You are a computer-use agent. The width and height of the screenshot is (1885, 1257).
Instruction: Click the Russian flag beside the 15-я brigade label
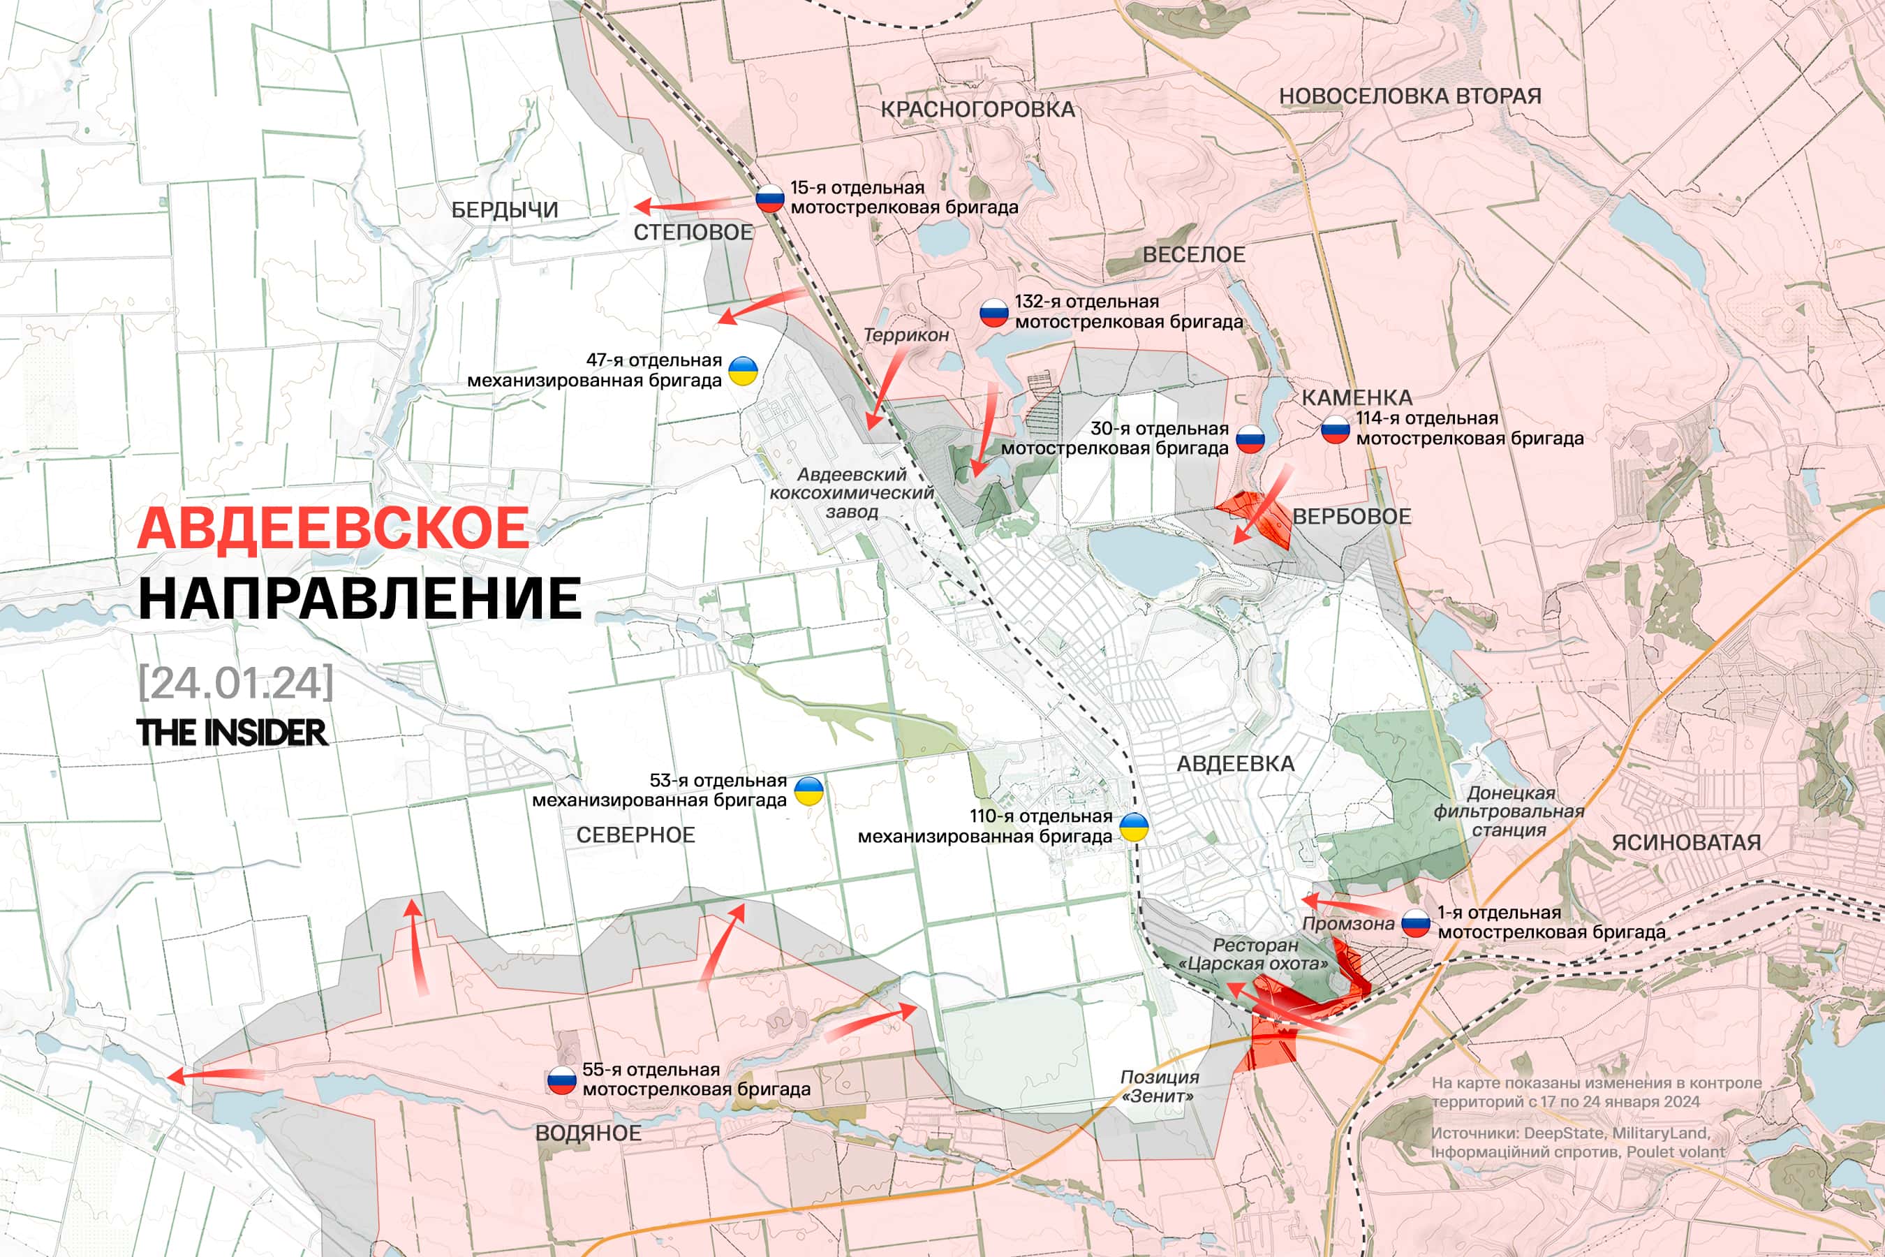point(770,198)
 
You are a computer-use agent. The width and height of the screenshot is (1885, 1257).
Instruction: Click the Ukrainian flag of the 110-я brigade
point(1133,827)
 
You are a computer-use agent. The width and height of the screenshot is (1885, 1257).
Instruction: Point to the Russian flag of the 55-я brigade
point(562,1080)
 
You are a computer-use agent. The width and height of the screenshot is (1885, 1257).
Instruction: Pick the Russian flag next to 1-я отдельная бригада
point(1416,923)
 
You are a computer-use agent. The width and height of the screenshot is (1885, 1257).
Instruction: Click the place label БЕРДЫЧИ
point(505,210)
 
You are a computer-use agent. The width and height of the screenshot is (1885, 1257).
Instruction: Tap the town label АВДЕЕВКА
point(1235,764)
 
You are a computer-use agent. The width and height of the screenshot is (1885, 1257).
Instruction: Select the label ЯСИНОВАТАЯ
point(1686,843)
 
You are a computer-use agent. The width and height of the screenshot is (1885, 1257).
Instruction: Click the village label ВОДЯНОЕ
point(589,1133)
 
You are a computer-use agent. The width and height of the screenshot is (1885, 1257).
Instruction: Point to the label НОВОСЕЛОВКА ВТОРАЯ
point(1410,96)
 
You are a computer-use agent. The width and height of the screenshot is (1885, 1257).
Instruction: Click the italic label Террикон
point(905,335)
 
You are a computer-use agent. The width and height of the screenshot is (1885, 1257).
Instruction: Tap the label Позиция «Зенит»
point(1159,1086)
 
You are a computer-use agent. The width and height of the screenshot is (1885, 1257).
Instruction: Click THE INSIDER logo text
point(232,733)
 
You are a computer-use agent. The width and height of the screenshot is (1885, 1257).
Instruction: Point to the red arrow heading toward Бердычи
point(681,207)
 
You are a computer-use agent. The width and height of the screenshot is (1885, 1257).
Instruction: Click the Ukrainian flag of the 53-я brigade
point(808,791)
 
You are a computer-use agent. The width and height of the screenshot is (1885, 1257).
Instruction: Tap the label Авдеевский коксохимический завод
point(851,493)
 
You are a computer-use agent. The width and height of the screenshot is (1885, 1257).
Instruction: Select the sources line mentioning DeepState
point(1570,1133)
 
